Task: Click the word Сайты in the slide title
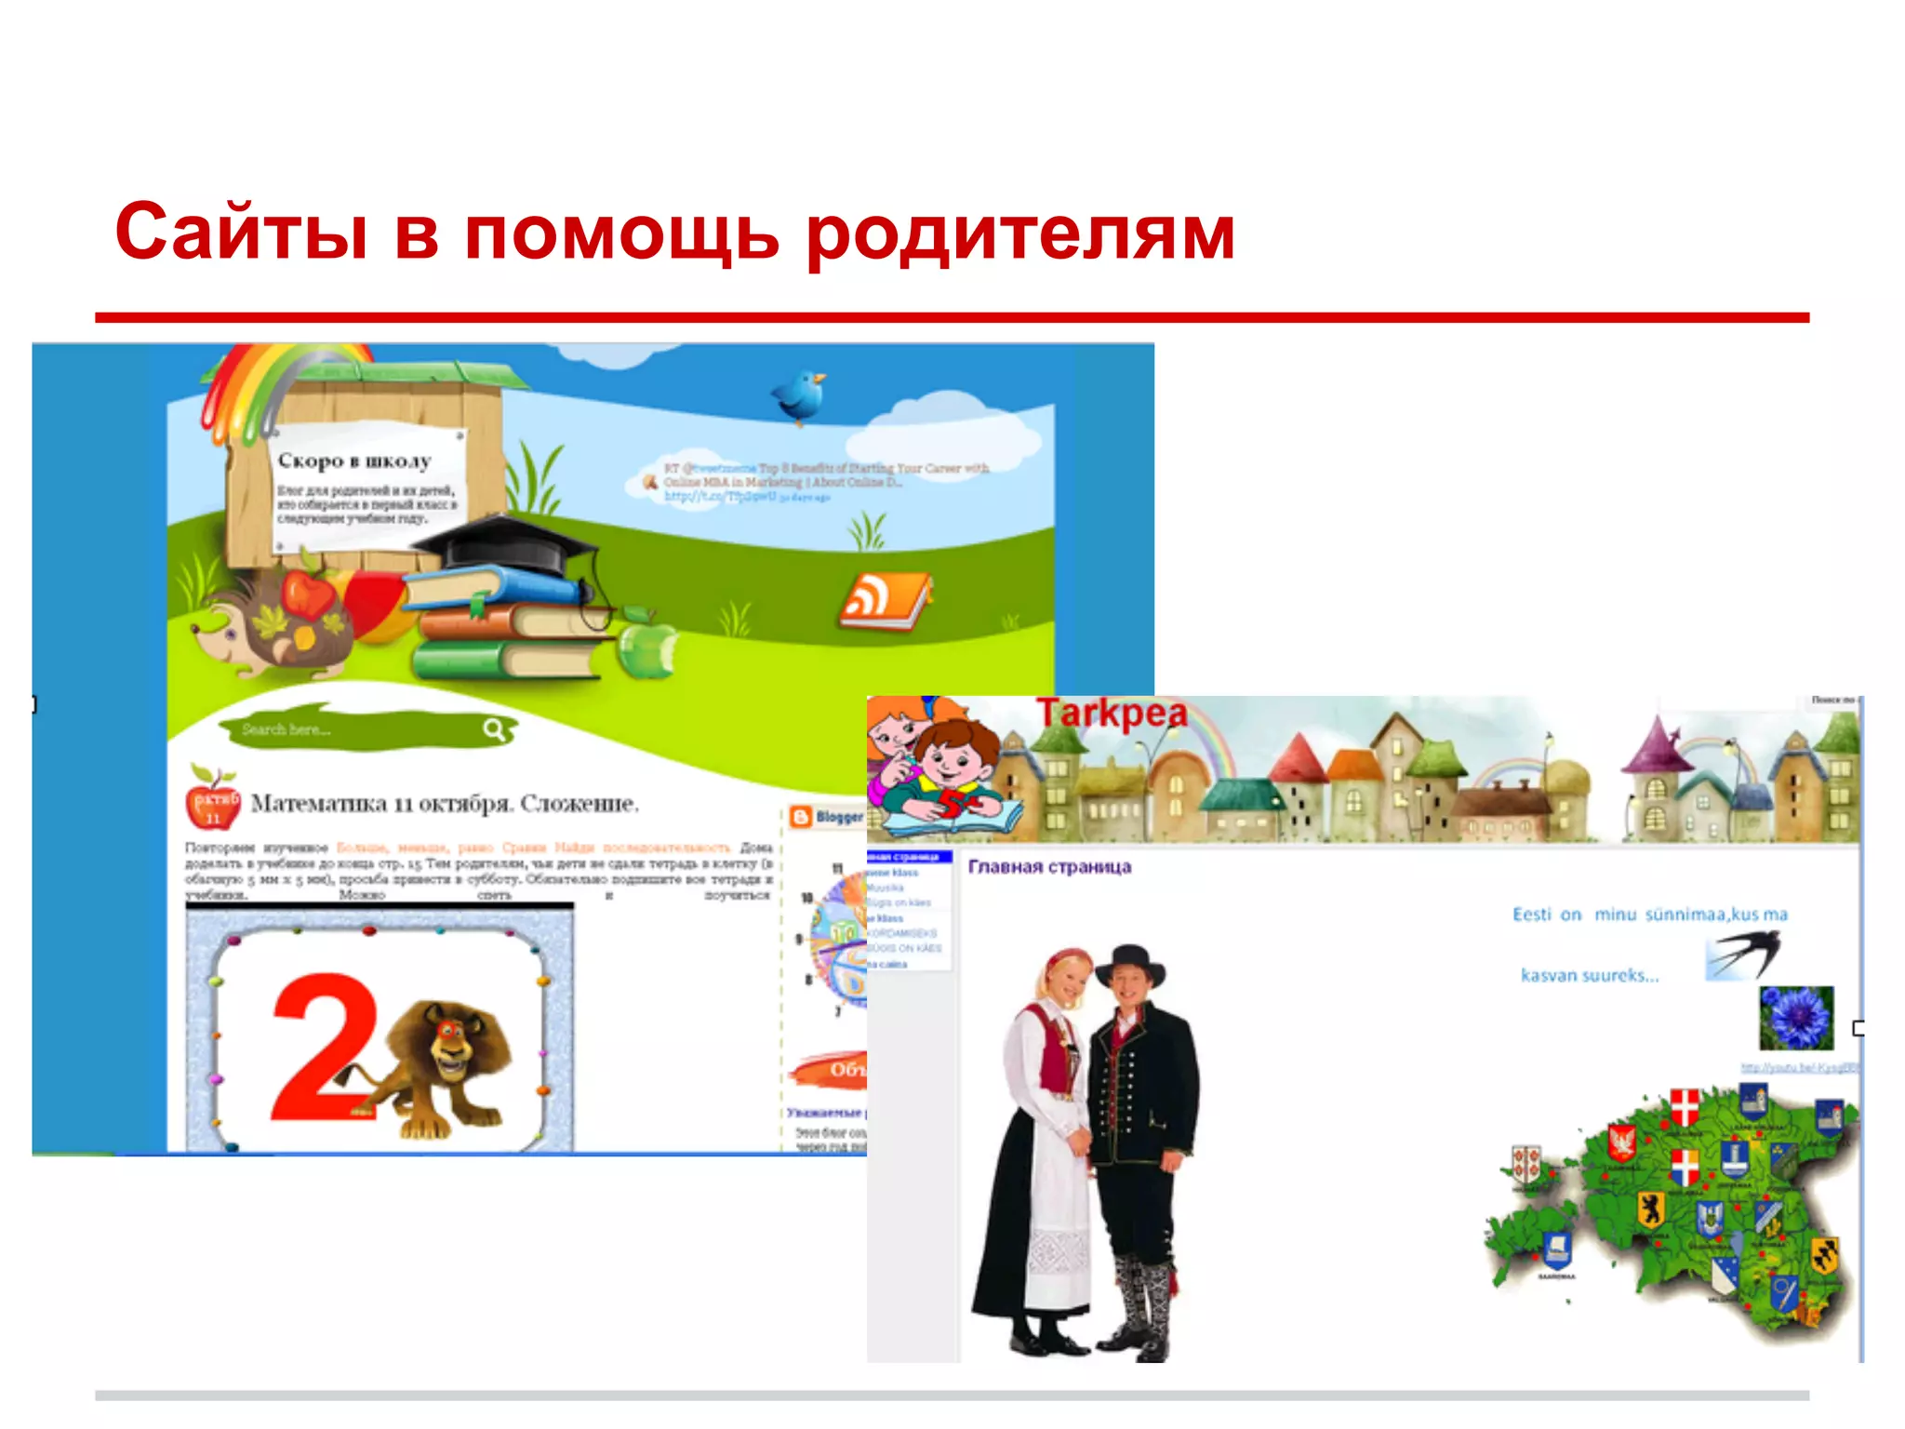point(241,233)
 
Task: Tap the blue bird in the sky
point(800,394)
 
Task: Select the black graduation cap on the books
point(516,545)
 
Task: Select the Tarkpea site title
point(1112,714)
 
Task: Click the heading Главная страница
point(1049,867)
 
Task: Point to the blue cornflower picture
point(1795,1018)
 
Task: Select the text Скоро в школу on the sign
point(354,461)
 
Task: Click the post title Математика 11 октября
point(445,803)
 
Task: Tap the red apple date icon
point(213,801)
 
